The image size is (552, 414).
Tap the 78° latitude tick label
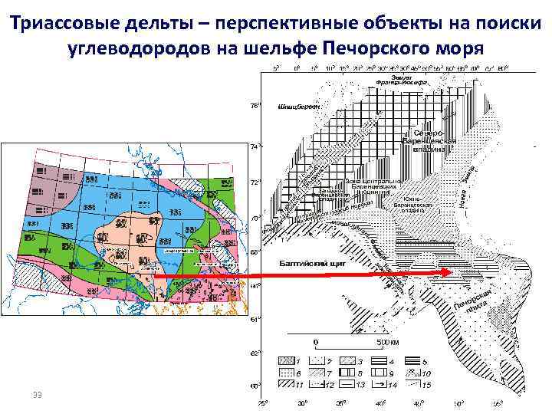(256, 105)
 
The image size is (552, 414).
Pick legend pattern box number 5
(406, 360)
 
